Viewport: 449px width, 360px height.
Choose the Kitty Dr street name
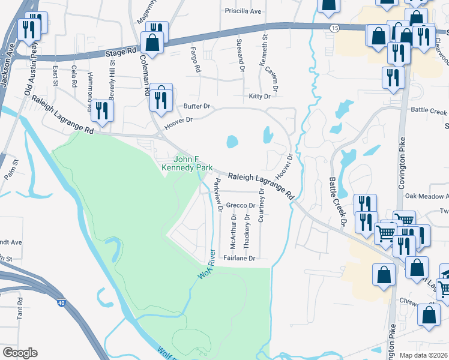coord(260,96)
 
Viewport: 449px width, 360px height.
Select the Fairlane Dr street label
coord(240,258)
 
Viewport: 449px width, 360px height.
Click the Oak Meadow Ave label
coord(426,196)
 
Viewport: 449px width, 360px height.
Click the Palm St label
coord(10,169)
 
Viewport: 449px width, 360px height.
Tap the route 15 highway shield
coord(334,28)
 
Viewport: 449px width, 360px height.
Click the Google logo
coord(20,353)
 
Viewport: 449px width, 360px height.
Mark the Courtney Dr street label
coord(261,205)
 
